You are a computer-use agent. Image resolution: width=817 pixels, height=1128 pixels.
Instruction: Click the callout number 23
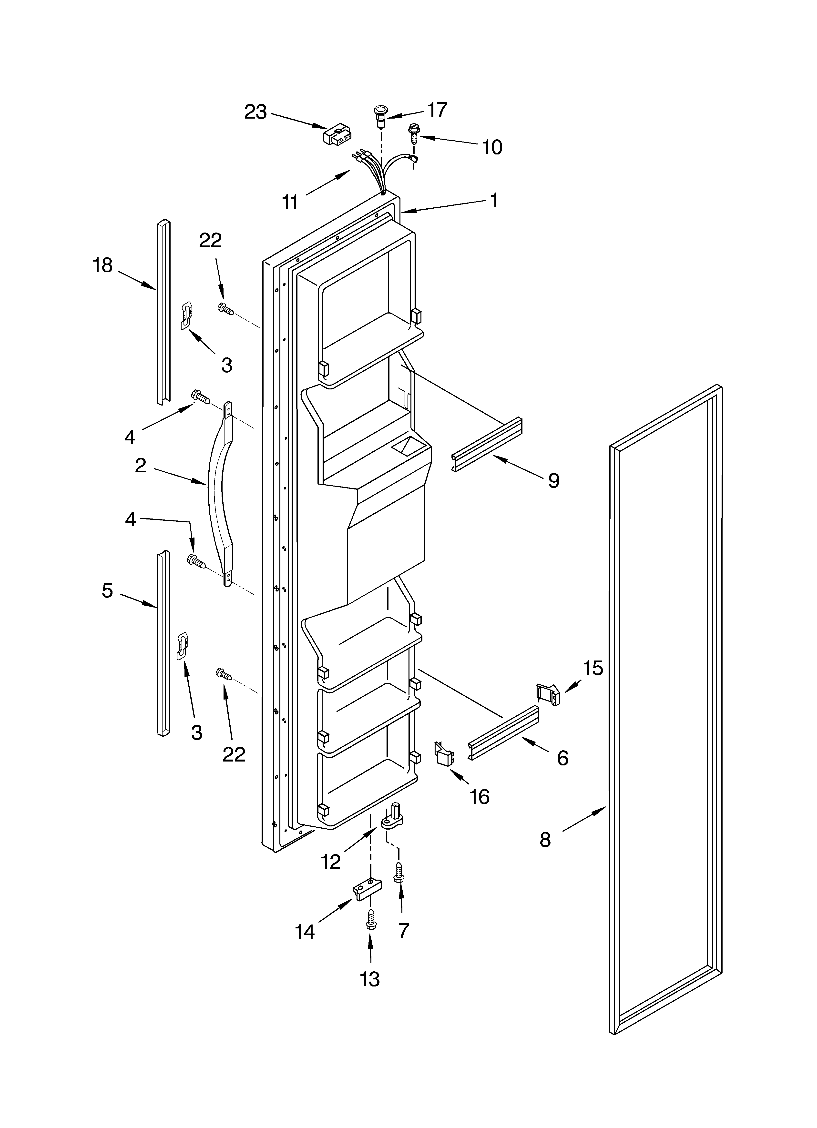255,112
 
